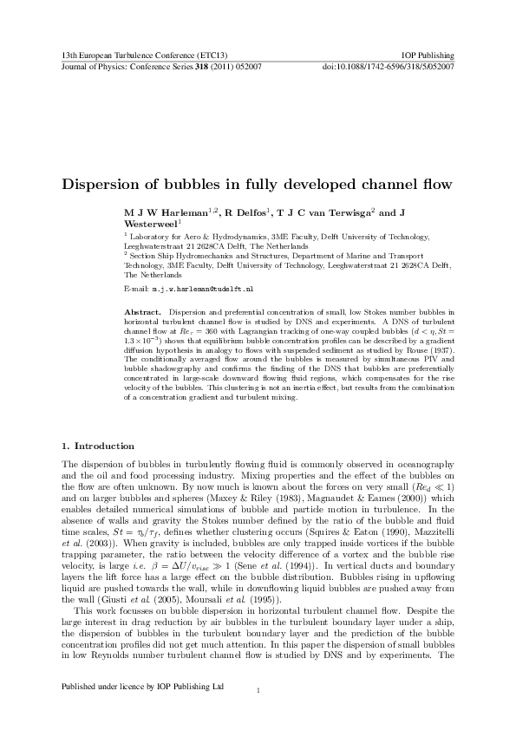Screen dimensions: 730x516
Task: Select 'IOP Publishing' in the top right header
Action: coord(430,55)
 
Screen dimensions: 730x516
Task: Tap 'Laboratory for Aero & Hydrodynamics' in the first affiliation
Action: coord(188,236)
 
